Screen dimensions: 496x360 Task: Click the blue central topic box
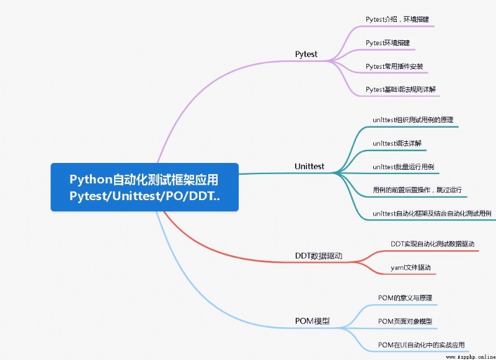click(144, 187)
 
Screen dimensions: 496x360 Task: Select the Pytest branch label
click(306, 54)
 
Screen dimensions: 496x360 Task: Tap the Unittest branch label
click(309, 166)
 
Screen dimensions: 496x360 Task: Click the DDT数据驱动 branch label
click(319, 256)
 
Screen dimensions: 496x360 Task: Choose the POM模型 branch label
click(312, 321)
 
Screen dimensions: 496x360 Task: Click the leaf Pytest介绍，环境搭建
click(397, 19)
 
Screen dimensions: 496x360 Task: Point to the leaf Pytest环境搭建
click(388, 43)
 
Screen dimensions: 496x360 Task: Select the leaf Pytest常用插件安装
click(394, 66)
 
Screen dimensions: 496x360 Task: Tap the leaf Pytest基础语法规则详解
click(401, 89)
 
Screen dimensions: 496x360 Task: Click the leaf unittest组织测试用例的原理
click(413, 120)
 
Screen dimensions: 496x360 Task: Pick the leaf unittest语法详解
click(397, 143)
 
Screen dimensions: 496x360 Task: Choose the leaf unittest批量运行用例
click(404, 167)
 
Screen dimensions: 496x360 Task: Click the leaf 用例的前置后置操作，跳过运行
click(417, 190)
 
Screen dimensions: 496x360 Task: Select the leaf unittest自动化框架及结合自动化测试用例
click(432, 214)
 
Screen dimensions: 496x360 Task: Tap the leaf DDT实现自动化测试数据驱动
click(433, 244)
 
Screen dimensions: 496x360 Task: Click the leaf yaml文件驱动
click(410, 268)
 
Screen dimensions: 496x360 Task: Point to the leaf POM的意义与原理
click(405, 298)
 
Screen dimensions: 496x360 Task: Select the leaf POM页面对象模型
click(405, 322)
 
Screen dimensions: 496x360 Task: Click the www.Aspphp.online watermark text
click(471, 357)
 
